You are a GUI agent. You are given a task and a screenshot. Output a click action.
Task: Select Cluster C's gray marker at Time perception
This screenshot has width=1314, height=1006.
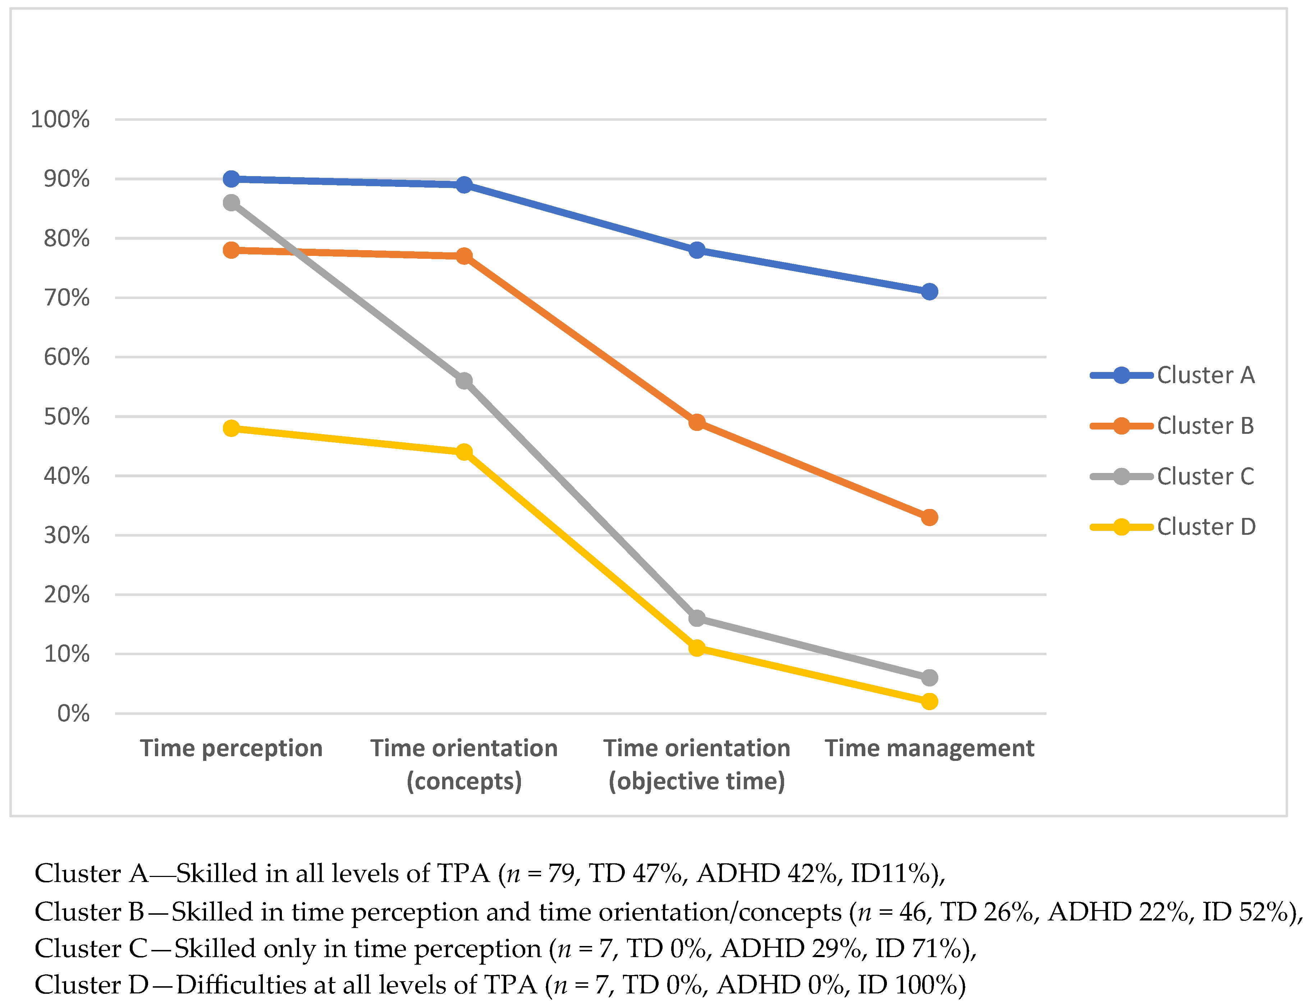[231, 203]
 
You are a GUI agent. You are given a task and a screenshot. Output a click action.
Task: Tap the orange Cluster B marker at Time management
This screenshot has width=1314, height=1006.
[929, 517]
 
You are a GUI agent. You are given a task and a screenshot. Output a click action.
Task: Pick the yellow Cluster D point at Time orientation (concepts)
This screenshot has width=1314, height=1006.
[463, 451]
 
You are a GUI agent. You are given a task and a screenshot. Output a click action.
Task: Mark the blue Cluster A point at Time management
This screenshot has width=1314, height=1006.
[929, 291]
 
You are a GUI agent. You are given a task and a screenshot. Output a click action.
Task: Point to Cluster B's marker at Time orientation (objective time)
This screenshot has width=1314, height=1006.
[696, 422]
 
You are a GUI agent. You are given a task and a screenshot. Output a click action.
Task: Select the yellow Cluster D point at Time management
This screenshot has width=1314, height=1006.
[929, 701]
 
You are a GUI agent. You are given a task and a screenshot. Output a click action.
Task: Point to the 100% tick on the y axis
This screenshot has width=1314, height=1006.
[60, 120]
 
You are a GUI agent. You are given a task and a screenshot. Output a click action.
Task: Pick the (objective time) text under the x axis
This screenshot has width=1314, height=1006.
[696, 781]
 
